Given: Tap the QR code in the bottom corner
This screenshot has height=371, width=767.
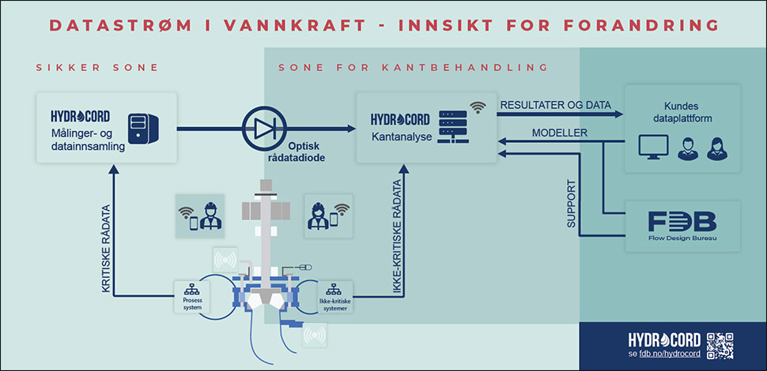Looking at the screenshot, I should pos(720,345).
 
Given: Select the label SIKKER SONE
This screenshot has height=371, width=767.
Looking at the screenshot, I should pos(97,68).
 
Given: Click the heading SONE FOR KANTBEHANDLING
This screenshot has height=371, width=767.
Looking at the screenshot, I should pos(413,68).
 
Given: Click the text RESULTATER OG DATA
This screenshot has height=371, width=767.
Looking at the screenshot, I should pos(555,104).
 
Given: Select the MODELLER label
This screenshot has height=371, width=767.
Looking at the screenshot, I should pos(560,133).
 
